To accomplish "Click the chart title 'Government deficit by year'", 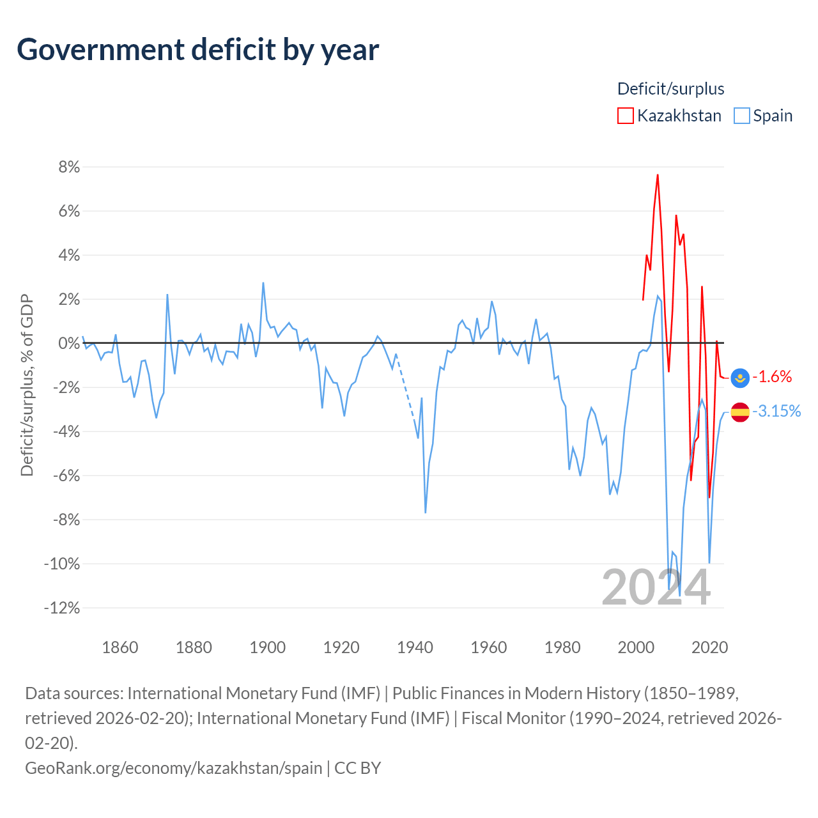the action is [x=197, y=50].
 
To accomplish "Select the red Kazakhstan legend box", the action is [x=625, y=116].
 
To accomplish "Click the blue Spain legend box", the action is [x=741, y=116].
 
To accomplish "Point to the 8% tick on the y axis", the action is [x=69, y=167].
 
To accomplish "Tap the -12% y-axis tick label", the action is [x=62, y=608].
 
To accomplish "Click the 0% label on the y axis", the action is [x=69, y=343].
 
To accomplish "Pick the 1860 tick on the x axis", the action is [x=120, y=647].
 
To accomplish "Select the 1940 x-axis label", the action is [x=415, y=647].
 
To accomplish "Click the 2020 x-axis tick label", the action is [x=710, y=647].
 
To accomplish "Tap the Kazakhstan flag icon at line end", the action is [x=740, y=378].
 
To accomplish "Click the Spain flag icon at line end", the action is [x=740, y=412].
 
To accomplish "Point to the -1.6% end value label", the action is [x=772, y=376].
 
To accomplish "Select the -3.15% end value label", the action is [x=776, y=411].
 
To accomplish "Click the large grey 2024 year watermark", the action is [x=656, y=587].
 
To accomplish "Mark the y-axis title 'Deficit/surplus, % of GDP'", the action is [x=27, y=385].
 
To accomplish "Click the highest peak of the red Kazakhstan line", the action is [x=658, y=174].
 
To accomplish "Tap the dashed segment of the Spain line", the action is [x=405, y=386].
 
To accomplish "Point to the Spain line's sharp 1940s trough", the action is [x=426, y=513].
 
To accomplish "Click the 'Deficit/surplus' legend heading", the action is [x=671, y=89].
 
